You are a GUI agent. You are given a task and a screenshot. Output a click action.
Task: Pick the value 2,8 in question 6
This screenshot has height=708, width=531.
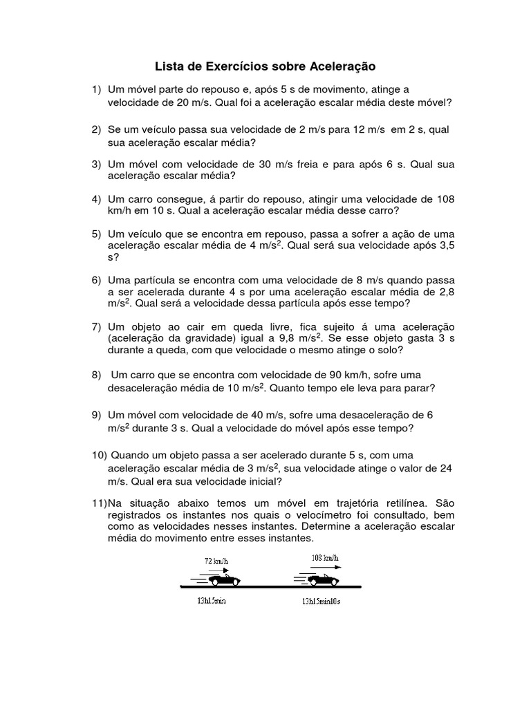(444, 291)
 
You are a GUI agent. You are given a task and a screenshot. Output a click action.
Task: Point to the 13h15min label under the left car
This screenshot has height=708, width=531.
(210, 601)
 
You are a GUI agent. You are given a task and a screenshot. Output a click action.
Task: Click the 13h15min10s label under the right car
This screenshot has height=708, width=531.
(321, 602)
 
